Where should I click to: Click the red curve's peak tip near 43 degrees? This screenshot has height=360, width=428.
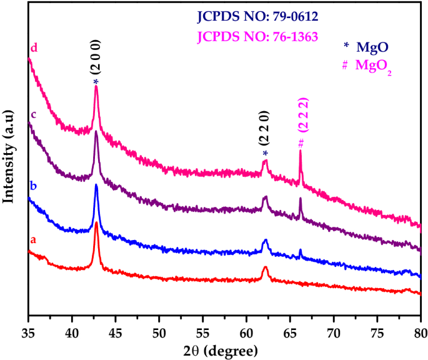(x=96, y=232)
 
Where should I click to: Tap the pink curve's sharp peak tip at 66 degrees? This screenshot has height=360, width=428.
(x=301, y=152)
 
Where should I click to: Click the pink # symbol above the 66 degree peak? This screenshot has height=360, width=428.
(x=301, y=142)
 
